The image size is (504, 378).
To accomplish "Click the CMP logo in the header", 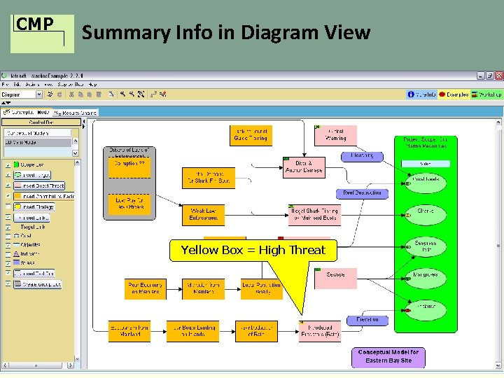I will (x=36, y=24).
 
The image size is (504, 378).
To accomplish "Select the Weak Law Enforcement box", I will (x=204, y=214).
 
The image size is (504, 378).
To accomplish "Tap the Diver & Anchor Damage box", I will (x=304, y=167).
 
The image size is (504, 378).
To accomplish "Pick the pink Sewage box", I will (x=335, y=276).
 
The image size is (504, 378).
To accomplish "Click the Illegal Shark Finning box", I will (x=314, y=214).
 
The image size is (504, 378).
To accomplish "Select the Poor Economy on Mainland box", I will (x=146, y=288).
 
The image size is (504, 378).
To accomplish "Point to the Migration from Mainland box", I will (x=204, y=288).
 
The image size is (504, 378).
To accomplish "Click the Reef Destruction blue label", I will (x=362, y=193).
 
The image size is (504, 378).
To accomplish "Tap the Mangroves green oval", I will (x=425, y=275).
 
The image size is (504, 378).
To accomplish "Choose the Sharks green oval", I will (x=425, y=211).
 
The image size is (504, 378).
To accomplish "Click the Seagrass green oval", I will (x=425, y=246).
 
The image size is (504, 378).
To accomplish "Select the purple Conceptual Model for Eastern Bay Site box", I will (x=388, y=356).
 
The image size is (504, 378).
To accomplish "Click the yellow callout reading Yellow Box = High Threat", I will (x=253, y=251).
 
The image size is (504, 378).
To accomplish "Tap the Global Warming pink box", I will (x=336, y=134).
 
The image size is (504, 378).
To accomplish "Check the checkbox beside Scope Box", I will (x=7, y=164).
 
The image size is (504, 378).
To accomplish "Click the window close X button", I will (x=498, y=76).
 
